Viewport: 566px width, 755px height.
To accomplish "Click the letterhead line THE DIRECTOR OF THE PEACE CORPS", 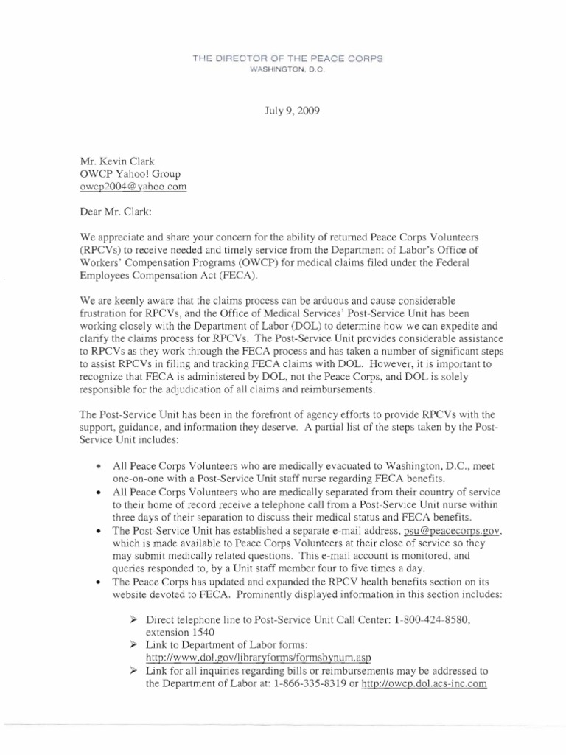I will [283, 58].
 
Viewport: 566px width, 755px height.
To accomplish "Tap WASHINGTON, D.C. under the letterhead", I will [283, 69].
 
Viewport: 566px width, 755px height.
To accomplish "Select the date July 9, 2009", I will [283, 112].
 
